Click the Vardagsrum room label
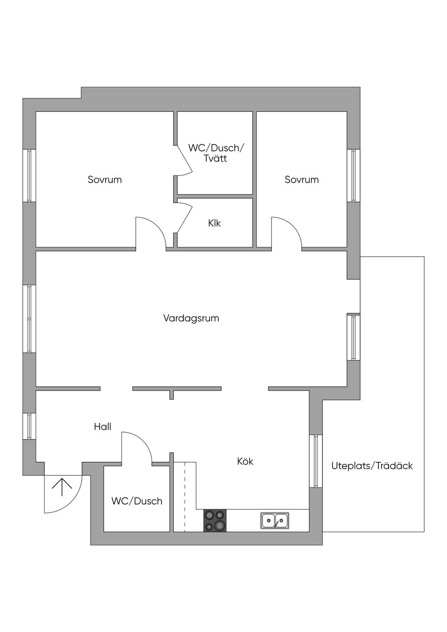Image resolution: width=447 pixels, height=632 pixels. [x=191, y=319]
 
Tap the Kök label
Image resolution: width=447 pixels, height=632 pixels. [x=245, y=462]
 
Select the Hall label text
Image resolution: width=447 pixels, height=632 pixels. [x=103, y=427]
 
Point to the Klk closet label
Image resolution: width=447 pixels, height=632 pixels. [x=214, y=223]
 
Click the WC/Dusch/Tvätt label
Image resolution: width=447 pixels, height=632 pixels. [x=216, y=153]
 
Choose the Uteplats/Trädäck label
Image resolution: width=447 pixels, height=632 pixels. [x=372, y=466]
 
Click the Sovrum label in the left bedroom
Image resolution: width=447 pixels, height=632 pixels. [x=105, y=180]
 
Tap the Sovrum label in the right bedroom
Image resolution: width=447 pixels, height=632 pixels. [x=302, y=180]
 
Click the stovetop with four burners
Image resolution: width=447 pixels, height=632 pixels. [x=215, y=521]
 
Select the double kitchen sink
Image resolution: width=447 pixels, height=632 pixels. [x=275, y=521]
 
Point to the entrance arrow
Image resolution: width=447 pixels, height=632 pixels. [x=62, y=488]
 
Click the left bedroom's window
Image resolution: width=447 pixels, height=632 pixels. [x=29, y=175]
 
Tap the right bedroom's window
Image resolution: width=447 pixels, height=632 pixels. [x=353, y=175]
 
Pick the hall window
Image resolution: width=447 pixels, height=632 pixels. [x=29, y=426]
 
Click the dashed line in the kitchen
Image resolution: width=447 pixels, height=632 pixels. [x=185, y=497]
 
